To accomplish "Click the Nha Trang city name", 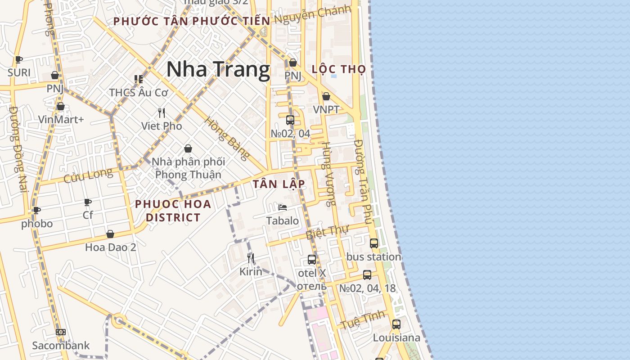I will (218, 69).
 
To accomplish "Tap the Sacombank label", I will (61, 346).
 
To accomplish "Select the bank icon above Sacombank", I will (61, 332).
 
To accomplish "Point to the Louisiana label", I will (396, 337).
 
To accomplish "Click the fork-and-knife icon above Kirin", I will (251, 258).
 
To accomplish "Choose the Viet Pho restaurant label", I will (162, 126).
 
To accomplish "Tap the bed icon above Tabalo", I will (283, 207).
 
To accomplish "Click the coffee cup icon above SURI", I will (19, 59).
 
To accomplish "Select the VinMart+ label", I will (61, 119).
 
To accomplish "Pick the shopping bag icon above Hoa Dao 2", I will (110, 234).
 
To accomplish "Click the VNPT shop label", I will (326, 109).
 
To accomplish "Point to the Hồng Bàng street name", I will (227, 138).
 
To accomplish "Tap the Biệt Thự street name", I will (327, 233).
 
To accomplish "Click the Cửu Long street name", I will (88, 175).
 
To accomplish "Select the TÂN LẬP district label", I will (279, 184).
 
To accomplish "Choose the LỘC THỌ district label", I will (338, 69).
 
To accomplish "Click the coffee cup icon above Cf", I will (88, 202).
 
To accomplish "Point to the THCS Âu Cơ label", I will (138, 93).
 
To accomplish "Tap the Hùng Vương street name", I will (329, 174).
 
